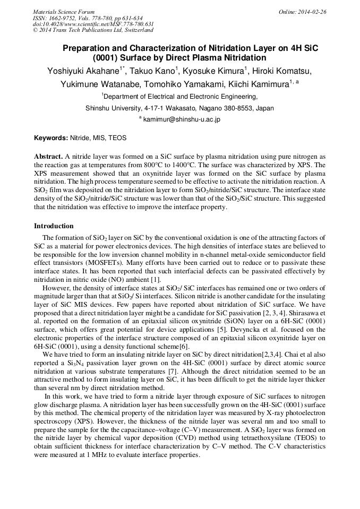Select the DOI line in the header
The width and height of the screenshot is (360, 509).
tap(93, 24)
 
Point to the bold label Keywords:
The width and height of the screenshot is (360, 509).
tap(51, 138)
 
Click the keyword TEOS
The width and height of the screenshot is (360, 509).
tap(117, 138)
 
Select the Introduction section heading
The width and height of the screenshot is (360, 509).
tap(54, 226)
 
